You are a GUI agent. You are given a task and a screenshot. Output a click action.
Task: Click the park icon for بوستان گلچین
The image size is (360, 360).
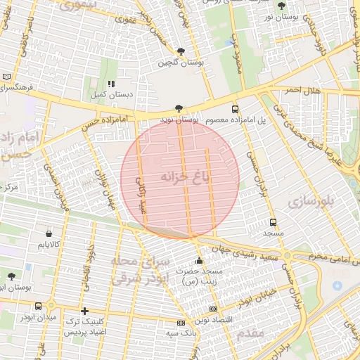click(x=181, y=51)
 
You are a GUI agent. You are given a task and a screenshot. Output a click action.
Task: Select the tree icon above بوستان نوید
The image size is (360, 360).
click(x=179, y=108)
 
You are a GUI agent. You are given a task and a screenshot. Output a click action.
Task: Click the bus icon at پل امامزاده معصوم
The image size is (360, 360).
click(x=235, y=109)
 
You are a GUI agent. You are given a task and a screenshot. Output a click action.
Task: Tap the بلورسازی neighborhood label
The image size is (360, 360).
click(x=308, y=201)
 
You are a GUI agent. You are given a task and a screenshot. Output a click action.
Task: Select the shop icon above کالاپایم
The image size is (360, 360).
click(x=48, y=233)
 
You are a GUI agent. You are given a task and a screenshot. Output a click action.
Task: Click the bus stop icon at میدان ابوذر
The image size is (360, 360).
click(x=38, y=306)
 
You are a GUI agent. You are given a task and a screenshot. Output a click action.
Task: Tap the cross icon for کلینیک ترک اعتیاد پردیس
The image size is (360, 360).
click(x=84, y=310)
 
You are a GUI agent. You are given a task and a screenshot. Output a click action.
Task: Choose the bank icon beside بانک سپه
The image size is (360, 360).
click(x=181, y=323)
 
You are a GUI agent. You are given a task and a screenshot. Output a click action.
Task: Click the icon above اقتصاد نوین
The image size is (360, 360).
click(x=214, y=309)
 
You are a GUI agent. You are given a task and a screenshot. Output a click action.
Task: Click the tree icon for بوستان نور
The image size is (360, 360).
click(x=282, y=6)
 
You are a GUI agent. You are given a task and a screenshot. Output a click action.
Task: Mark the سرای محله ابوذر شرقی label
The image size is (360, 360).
click(x=137, y=270)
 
